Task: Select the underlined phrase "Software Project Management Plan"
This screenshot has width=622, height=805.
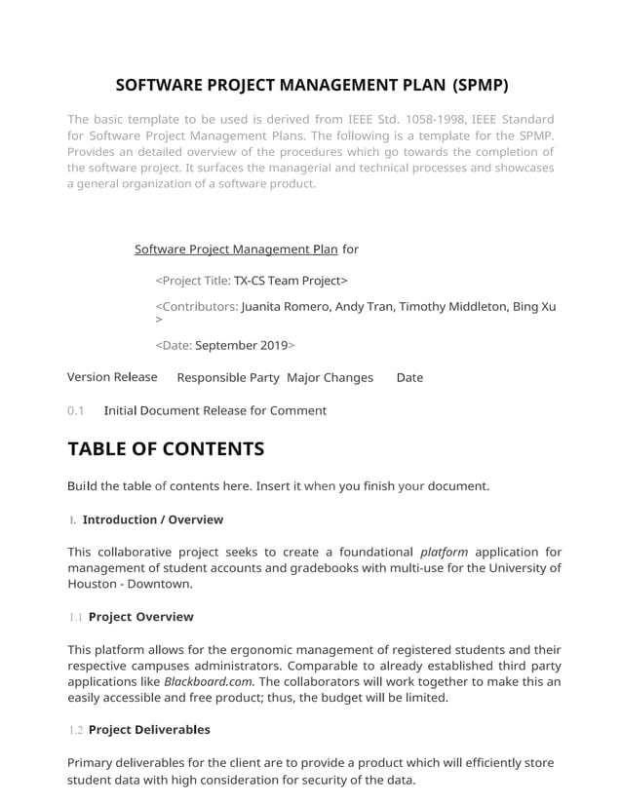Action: click(236, 249)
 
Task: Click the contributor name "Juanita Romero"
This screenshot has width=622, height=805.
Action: click(286, 306)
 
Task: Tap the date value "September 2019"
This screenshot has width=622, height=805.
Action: click(242, 345)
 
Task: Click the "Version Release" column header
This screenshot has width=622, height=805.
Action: click(112, 377)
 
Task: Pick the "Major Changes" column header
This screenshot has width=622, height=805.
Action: click(330, 377)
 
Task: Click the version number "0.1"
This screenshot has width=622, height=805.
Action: click(76, 410)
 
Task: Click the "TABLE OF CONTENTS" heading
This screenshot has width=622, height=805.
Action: click(166, 449)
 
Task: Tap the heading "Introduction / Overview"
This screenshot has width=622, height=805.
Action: click(153, 519)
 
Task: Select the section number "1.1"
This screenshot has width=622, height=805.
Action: click(75, 617)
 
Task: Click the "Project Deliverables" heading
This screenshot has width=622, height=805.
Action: click(149, 730)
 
